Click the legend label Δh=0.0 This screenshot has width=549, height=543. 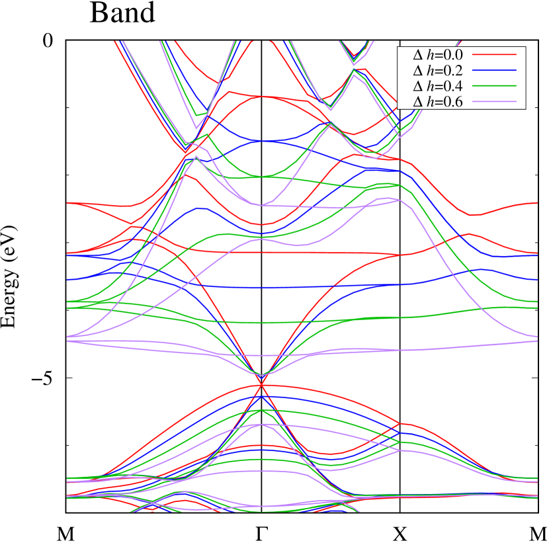[x=438, y=54]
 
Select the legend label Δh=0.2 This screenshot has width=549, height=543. [x=438, y=70]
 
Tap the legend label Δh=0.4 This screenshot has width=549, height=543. [x=438, y=86]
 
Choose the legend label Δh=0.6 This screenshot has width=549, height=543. [x=438, y=102]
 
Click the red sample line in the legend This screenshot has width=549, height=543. [x=494, y=54]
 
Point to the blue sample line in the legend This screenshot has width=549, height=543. [x=494, y=70]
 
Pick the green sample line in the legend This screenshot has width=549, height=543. [x=494, y=86]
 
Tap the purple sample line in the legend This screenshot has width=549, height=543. [x=494, y=102]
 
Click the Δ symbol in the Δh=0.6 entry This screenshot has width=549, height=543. [x=417, y=102]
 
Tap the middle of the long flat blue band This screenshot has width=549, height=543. [x=278, y=288]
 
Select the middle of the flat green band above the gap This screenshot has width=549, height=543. [x=265, y=323]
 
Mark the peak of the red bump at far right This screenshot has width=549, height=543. [x=468, y=233]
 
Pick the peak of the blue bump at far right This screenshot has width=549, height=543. [x=484, y=269]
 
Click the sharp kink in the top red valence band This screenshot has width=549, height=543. [x=399, y=423]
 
